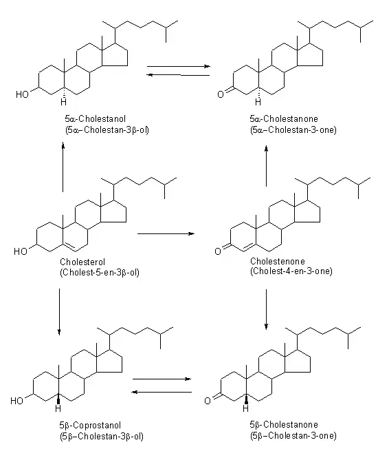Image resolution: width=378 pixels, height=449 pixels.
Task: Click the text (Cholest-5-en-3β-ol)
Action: pos(100,272)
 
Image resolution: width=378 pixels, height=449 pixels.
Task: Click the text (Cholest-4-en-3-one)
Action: pos(292,272)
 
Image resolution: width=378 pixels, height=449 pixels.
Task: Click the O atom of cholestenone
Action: pos(218,251)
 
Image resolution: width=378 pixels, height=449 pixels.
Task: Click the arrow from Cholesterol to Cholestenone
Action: pos(166,234)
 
